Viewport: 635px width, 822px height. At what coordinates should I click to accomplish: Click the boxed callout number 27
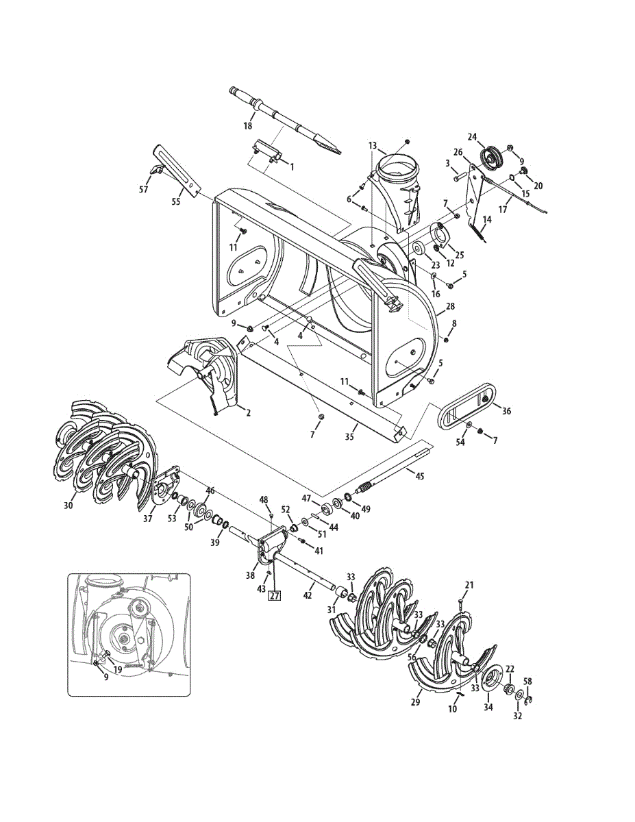[x=275, y=596]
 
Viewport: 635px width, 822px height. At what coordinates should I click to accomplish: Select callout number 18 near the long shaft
[x=248, y=125]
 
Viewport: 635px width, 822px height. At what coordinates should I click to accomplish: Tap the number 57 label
[x=143, y=189]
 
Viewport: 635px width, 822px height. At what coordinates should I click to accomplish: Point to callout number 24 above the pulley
[x=490, y=136]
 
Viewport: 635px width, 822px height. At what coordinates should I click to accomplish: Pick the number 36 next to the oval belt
[x=507, y=411]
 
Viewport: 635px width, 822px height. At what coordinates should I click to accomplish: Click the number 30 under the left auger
[x=68, y=505]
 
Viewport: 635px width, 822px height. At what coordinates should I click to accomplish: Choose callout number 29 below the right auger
[x=415, y=703]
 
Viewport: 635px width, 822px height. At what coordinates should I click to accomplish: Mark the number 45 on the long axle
[x=419, y=475]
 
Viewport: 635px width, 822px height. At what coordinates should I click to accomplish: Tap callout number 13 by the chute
[x=373, y=145]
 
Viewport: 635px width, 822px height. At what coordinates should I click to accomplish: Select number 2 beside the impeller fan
[x=247, y=412]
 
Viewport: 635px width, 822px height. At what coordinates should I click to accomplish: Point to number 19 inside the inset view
[x=118, y=669]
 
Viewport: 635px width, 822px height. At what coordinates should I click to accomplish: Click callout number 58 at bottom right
[x=527, y=682]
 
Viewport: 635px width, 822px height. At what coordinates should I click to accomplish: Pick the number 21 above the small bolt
[x=469, y=584]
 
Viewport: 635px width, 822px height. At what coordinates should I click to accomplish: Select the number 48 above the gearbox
[x=264, y=499]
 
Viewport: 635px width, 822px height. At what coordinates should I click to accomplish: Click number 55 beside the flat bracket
[x=175, y=203]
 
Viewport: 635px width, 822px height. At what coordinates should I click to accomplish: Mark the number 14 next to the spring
[x=488, y=220]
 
